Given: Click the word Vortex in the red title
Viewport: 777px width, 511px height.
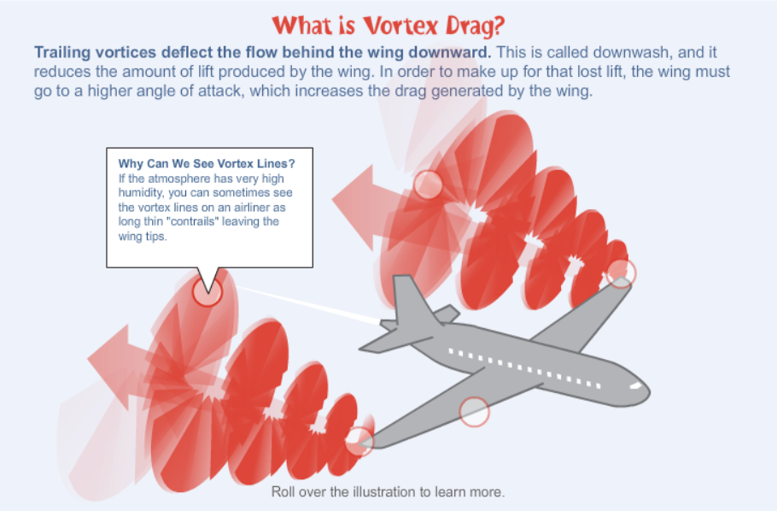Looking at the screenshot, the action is point(401,26).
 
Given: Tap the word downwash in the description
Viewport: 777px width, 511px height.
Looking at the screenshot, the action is point(631,52).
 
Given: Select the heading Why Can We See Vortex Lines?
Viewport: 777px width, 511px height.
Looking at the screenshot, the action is point(207,163).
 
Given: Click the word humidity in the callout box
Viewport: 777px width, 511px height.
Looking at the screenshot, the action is point(140,193).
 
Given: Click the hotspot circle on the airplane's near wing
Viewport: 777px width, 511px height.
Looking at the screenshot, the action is point(474,412).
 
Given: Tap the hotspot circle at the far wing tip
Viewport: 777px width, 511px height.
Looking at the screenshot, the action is point(621,273).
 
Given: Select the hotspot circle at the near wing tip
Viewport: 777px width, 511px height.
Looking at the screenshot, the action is point(359,441).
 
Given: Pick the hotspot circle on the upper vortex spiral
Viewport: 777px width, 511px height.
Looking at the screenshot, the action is point(428,185).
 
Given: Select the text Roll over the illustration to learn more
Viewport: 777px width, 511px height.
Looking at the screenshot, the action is point(388,492).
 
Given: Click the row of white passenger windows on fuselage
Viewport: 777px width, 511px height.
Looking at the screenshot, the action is point(525,368).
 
